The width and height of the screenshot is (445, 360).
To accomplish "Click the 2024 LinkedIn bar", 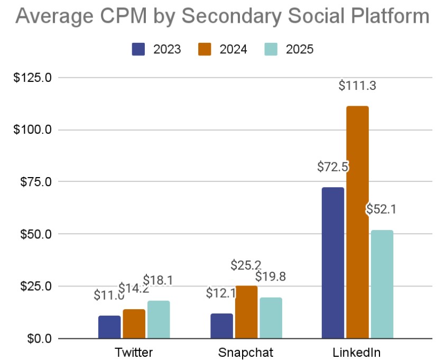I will (x=357, y=222).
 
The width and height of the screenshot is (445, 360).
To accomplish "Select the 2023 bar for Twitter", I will (x=109, y=327).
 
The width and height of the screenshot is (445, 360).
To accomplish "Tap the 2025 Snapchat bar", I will (x=271, y=318).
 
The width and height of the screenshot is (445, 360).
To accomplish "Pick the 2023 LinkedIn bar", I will (x=333, y=263).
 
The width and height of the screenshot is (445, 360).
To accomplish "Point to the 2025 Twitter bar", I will (x=159, y=319).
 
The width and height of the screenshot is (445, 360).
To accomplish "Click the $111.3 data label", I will (x=357, y=85).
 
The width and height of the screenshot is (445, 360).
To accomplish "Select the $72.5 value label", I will (x=332, y=167).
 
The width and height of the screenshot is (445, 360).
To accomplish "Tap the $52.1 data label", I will (x=381, y=209).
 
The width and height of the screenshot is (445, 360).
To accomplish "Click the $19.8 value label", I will (x=271, y=276).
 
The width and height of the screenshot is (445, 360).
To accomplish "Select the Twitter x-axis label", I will (x=134, y=353).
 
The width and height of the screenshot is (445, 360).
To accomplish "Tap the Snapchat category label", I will (x=246, y=353).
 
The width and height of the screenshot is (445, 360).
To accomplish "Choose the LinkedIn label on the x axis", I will (x=358, y=353).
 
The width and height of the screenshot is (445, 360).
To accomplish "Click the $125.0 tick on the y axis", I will (x=33, y=78).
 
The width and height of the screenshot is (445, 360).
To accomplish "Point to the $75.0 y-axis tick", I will (x=35, y=182).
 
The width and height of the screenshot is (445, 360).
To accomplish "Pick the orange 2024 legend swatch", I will (x=205, y=49).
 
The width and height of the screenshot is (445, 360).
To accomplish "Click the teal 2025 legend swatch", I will (x=271, y=49).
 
